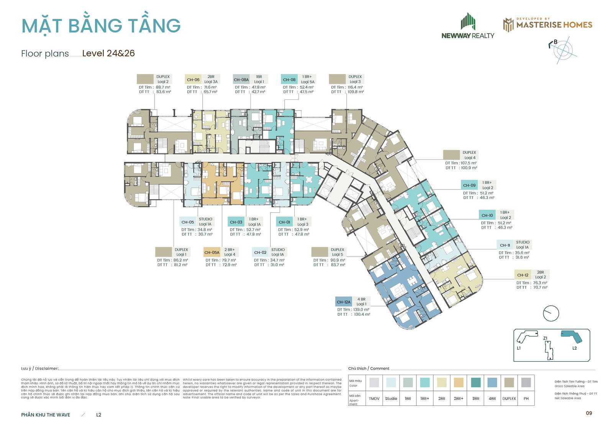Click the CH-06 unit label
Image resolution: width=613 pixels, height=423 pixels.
193,80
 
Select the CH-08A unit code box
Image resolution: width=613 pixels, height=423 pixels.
241,80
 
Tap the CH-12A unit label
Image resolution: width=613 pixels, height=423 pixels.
343,302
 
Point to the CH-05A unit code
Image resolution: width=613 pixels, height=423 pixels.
212,252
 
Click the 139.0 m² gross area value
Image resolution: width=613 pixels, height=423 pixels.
361,309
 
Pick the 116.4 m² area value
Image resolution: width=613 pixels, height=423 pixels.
355,87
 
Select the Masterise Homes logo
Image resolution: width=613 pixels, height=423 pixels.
547,25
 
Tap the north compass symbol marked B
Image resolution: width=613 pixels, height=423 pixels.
562,49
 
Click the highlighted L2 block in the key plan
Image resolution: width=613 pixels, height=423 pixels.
571,337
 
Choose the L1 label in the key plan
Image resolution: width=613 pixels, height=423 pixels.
519,348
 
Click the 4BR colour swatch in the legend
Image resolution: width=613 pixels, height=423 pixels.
492,382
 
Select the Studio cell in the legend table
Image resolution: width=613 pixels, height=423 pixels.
391,398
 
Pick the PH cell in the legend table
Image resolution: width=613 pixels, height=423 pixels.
526,398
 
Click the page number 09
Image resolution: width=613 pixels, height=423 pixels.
589,413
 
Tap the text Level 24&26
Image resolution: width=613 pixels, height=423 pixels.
108,53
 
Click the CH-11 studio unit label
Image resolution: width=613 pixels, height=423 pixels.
505,245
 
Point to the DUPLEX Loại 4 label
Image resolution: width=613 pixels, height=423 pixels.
469,155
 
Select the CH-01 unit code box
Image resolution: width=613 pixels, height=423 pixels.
284,222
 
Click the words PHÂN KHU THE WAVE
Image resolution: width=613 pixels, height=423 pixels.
46,415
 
